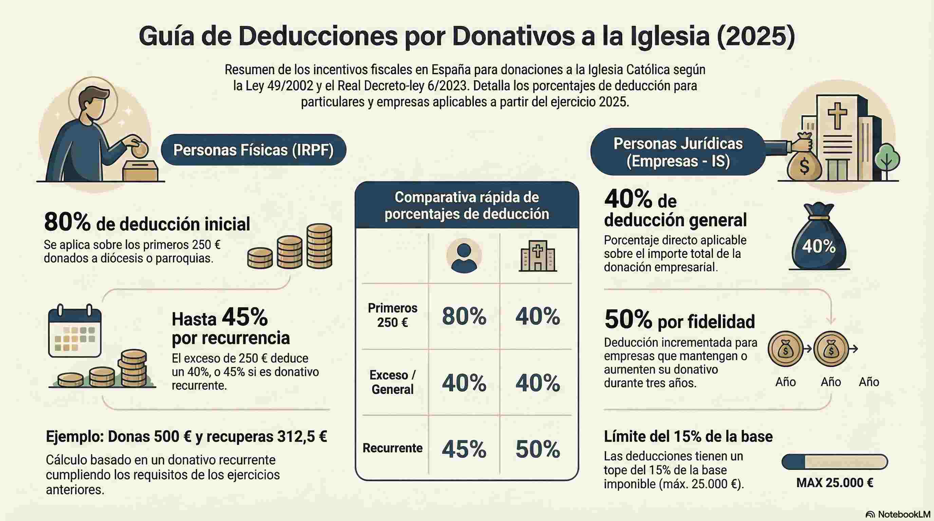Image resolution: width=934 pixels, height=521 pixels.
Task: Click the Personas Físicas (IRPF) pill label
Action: pyautogui.click(x=254, y=150)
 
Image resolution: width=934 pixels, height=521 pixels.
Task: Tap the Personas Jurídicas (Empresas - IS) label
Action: pyautogui.click(x=678, y=152)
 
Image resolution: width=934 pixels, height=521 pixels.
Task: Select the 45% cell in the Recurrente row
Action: pyautogui.click(x=464, y=449)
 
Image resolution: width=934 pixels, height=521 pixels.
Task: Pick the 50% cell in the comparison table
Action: pyautogui.click(x=537, y=449)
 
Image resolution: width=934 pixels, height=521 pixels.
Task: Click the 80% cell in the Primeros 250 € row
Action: pyautogui.click(x=464, y=316)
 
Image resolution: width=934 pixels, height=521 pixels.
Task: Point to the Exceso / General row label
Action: pyautogui.click(x=392, y=382)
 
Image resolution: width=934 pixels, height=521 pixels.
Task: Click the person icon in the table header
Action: pyautogui.click(x=464, y=256)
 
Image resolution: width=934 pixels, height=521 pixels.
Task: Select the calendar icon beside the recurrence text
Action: pyautogui.click(x=75, y=331)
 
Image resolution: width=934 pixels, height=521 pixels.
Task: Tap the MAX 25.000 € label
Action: pyautogui.click(x=835, y=483)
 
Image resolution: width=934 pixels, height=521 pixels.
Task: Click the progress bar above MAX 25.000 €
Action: pyautogui.click(x=835, y=462)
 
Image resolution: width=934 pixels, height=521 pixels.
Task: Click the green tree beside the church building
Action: pyautogui.click(x=887, y=159)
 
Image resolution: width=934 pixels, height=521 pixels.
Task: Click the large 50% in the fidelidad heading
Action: pyautogui.click(x=628, y=320)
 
